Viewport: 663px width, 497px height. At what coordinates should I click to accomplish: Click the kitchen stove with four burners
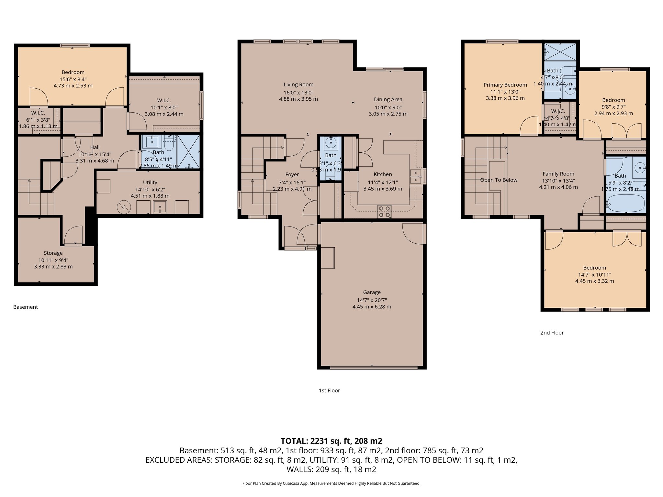pos(384,212)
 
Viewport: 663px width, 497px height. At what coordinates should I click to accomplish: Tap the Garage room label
pos(372,292)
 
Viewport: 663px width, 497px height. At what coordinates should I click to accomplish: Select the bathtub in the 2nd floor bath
pos(626,203)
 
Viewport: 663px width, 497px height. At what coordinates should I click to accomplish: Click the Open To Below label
pos(499,180)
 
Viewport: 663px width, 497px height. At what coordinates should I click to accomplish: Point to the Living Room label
pos(298,84)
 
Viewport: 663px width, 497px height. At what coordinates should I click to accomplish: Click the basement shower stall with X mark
pos(188,151)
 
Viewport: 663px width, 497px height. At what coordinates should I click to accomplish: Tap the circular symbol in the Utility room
pos(124,207)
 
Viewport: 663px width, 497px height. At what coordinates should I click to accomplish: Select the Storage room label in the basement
pos(53,253)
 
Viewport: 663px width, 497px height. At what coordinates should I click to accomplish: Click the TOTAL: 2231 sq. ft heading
pos(331,441)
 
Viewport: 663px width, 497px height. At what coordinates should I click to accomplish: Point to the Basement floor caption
pos(26,307)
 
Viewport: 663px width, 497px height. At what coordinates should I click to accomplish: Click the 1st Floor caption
pos(329,390)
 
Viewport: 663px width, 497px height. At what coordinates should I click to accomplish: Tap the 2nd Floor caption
pos(552,333)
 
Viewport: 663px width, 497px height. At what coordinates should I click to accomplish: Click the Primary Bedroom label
pos(505,85)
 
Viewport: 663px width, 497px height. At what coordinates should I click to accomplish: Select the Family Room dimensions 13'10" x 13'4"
pos(558,181)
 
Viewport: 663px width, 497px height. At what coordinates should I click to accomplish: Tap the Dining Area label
pos(388,99)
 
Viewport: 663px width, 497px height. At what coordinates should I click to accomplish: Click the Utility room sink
pos(160,207)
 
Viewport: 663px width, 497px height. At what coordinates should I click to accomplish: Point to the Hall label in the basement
pos(95,147)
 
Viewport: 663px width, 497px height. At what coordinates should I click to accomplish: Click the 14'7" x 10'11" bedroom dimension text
pos(594,274)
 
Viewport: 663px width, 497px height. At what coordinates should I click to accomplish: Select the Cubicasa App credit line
pos(331,483)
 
